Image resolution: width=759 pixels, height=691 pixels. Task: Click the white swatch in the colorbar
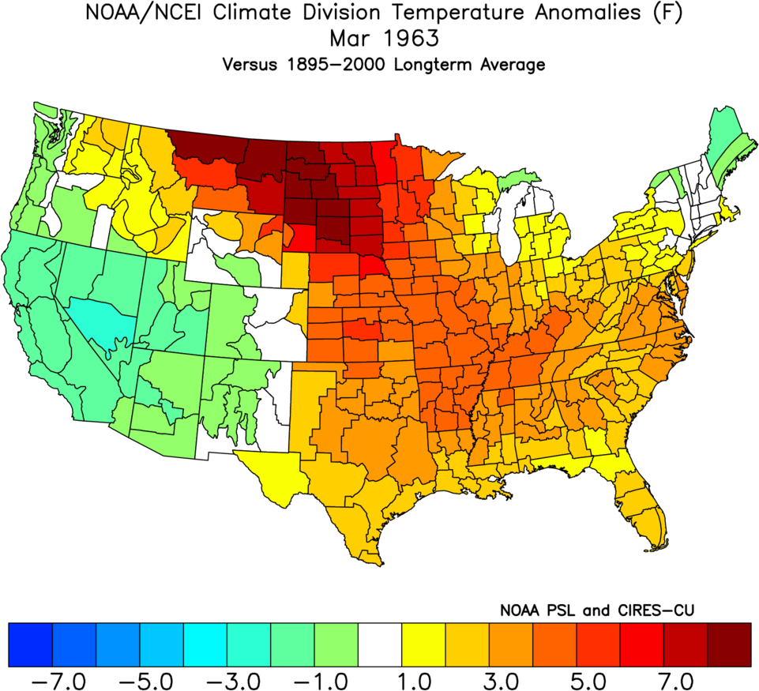[380, 644]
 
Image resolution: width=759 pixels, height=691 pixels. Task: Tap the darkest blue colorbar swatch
[30, 644]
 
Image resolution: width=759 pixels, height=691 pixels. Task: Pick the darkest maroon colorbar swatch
[729, 644]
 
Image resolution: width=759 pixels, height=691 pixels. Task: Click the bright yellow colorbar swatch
[423, 644]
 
